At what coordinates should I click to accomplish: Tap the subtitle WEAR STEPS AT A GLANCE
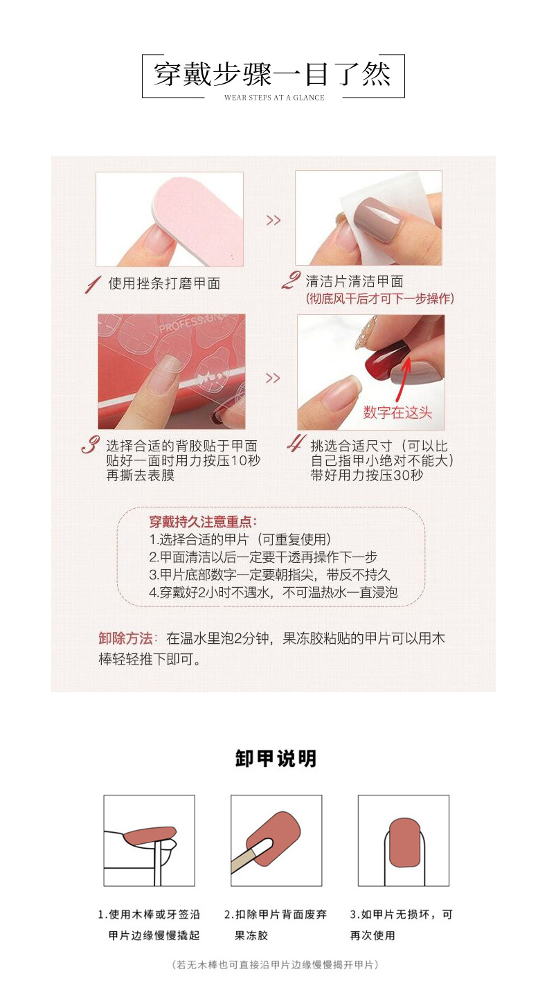pos(274,98)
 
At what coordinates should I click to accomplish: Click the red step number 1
pos(92,284)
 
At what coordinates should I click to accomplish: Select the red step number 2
pos(292,281)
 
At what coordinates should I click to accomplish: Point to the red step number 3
pos(90,445)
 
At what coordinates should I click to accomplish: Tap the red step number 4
pos(296,444)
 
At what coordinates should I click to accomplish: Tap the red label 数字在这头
pos(397,413)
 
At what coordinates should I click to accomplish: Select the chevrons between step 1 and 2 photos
pos(273,220)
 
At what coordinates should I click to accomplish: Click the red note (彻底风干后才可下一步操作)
pos(379,299)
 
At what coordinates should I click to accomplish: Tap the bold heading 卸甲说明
pos(276,759)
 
